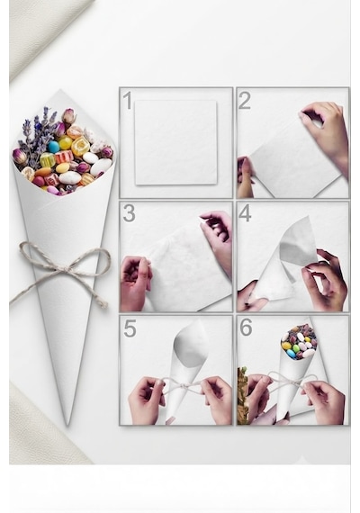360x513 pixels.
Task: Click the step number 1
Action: (x=127, y=101)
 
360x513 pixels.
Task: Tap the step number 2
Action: (x=245, y=101)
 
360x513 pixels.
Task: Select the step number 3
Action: (x=129, y=213)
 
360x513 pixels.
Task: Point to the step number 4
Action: (x=245, y=213)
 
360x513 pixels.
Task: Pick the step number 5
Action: (x=130, y=328)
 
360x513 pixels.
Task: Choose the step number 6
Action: (x=246, y=328)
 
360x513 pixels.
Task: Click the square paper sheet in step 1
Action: (x=176, y=142)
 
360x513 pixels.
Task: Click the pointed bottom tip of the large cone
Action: (x=67, y=425)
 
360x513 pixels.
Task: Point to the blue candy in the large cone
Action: (x=54, y=147)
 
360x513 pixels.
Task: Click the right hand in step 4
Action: (x=324, y=280)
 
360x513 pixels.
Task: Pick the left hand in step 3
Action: (x=135, y=283)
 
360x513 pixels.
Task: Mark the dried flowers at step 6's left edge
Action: (x=242, y=396)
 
